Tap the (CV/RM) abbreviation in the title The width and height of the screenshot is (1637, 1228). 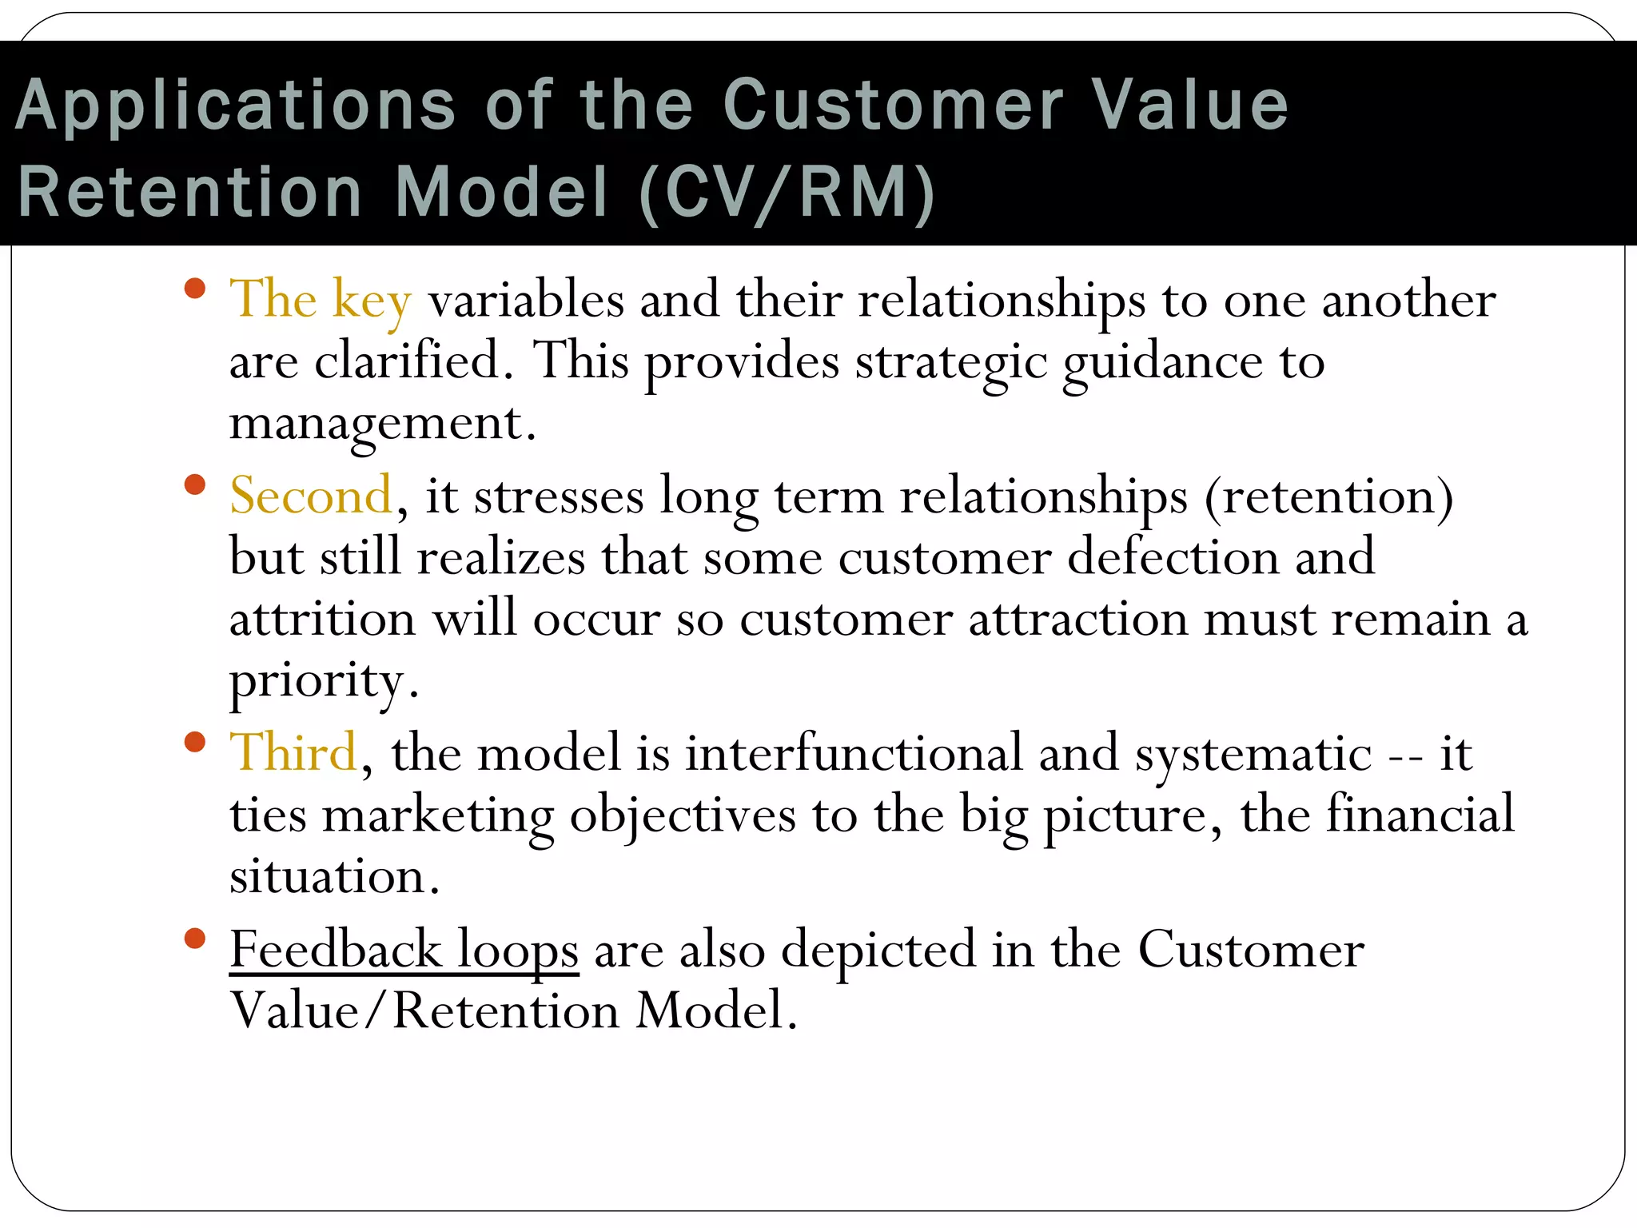point(787,193)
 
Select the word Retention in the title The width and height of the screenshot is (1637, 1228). point(190,193)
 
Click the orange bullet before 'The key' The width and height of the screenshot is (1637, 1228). point(194,288)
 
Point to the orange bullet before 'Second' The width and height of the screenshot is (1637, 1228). point(194,484)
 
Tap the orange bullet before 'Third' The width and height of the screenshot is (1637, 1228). point(194,742)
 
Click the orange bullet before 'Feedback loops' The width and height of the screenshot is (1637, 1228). point(194,938)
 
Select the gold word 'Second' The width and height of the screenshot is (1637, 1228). point(311,496)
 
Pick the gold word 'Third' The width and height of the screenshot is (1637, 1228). point(293,753)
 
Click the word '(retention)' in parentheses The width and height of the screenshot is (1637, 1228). point(1328,497)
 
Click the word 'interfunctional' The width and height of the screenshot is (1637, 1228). point(853,753)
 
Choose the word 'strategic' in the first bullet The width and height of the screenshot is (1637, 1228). point(950,364)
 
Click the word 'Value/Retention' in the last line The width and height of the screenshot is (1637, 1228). point(424,1011)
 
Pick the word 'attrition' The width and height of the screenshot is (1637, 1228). point(322,620)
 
